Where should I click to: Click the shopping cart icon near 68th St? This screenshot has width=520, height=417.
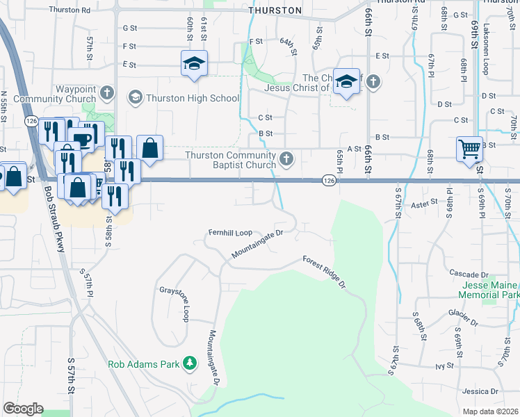coord(469,149)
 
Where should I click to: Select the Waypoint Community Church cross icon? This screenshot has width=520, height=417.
coord(106,92)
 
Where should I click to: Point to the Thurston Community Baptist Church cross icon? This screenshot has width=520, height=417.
coord(286,161)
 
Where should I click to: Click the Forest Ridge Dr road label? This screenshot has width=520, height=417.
coord(324,272)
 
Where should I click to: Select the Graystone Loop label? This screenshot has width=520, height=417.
coord(174,304)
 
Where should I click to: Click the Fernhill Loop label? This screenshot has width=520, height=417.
coord(230,232)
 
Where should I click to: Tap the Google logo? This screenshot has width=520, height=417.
coord(23,409)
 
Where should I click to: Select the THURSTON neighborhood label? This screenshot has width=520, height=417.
coord(276,10)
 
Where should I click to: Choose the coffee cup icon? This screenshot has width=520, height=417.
coord(83,139)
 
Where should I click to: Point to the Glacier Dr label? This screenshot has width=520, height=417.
coord(464,318)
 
